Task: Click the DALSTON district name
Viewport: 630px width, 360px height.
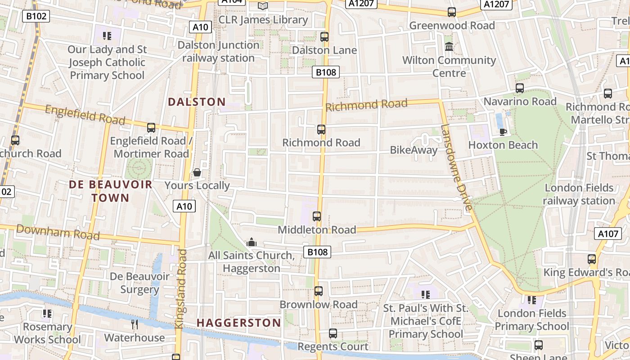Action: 197,102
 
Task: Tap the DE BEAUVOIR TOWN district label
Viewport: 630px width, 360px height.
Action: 111,191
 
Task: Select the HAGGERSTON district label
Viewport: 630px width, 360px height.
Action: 239,323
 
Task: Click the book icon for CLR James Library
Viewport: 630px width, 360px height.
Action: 263,6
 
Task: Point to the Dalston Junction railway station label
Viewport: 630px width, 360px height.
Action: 219,52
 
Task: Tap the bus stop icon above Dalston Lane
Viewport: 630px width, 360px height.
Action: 324,37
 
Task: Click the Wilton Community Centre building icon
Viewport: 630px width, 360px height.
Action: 449,46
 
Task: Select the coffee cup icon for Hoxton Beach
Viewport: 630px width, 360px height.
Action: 503,132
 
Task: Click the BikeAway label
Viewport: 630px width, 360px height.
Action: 414,150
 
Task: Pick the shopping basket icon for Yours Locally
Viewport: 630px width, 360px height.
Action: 197,172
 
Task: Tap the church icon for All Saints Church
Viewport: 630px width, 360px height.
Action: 252,243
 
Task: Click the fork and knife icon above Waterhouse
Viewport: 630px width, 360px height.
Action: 135,324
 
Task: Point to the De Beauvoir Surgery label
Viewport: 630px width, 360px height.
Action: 139,283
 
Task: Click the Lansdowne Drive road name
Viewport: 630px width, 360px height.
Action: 456,167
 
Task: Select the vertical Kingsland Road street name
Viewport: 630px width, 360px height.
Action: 181,288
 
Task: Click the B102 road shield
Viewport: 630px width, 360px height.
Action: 36,17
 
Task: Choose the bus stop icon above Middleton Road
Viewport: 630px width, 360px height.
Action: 317,216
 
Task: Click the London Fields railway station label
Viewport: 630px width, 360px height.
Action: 579,194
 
